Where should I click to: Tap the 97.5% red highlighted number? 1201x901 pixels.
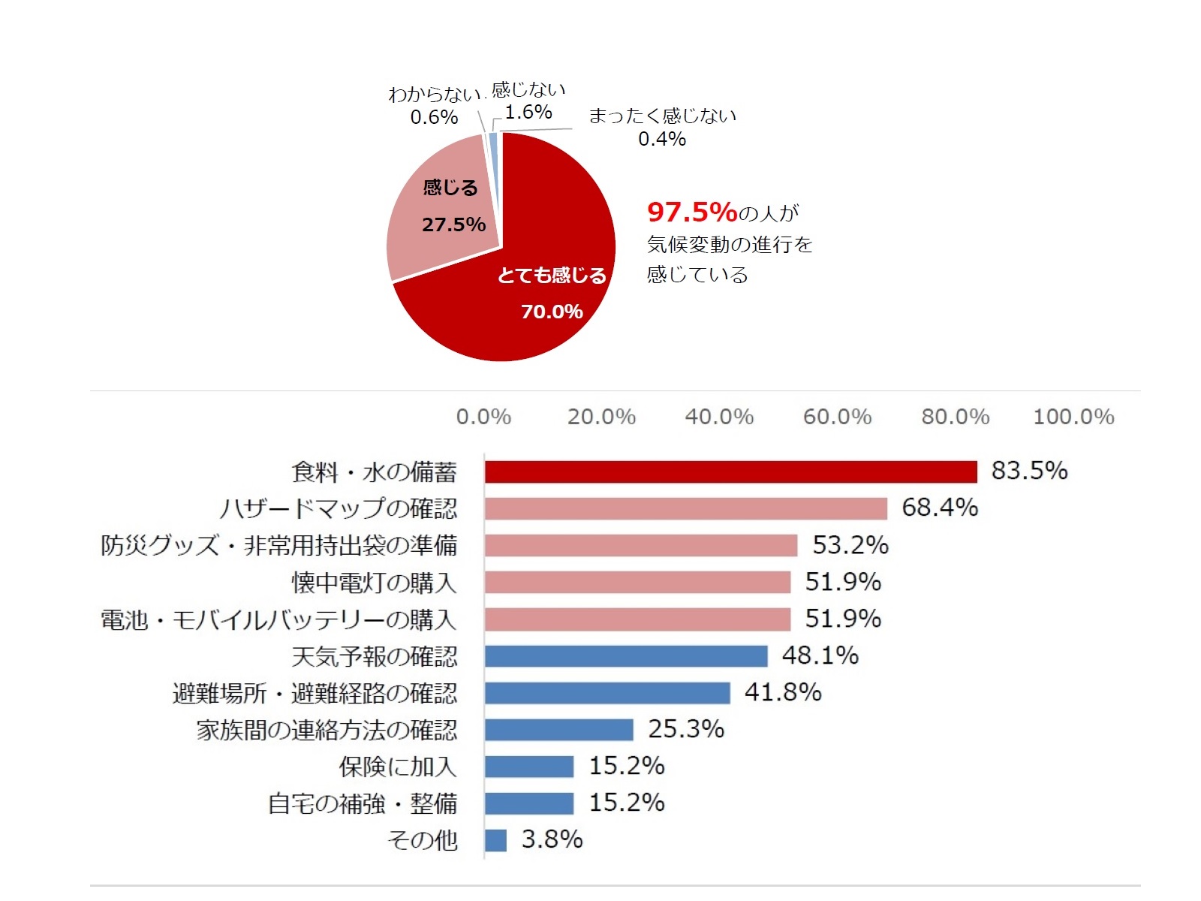692,212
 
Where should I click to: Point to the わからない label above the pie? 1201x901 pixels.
433,95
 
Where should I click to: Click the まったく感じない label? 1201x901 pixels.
662,116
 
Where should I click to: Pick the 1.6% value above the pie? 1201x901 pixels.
528,113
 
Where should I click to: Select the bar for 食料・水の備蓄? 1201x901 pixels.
730,472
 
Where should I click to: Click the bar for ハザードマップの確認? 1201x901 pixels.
685,508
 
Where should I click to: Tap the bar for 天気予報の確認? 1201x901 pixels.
626,656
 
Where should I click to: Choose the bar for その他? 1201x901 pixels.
495,840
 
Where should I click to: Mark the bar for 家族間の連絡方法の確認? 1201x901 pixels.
558,730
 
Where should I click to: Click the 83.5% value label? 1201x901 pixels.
1029,471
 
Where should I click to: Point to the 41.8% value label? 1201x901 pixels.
783,692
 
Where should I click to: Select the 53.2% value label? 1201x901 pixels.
850,545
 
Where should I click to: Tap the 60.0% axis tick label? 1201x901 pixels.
837,417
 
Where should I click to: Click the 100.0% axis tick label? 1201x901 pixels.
1073,417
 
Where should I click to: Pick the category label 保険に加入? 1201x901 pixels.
397,767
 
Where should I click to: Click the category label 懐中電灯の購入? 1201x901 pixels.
374,583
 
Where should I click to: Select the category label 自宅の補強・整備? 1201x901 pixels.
363,803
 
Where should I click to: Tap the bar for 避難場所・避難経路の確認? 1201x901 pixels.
607,693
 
